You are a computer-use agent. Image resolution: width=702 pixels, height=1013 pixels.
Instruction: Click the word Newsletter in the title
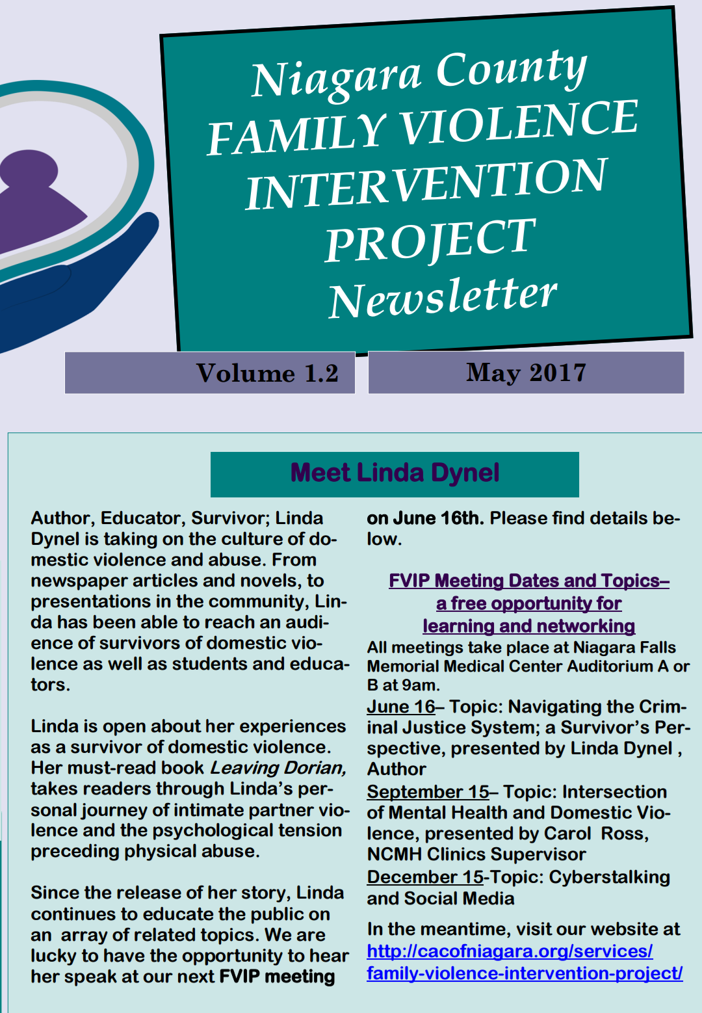tap(443, 297)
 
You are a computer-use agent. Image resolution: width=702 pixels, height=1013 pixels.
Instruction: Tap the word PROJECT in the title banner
tap(430, 240)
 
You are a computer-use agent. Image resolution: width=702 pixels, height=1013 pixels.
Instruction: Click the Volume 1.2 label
tap(267, 373)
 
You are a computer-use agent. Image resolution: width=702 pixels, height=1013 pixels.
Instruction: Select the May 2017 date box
tap(526, 373)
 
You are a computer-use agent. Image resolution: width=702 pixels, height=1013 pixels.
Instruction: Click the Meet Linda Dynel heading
tap(395, 473)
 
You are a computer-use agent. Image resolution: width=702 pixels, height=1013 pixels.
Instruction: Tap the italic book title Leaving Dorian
tap(278, 768)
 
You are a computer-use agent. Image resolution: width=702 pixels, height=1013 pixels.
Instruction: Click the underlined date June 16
tap(400, 707)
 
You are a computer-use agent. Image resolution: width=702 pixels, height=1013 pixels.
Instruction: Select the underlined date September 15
tap(428, 792)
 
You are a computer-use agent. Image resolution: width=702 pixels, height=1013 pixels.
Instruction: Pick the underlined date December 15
tap(425, 877)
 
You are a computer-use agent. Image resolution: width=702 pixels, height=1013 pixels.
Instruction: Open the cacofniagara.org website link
tap(524, 962)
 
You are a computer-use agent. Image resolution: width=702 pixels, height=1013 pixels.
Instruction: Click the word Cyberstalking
tap(609, 877)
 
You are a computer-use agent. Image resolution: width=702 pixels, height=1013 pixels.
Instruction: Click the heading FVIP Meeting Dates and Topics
tap(528, 581)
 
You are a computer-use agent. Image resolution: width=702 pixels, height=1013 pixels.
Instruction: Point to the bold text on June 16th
tap(424, 518)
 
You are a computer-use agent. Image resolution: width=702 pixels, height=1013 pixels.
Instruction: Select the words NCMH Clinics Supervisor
tap(476, 854)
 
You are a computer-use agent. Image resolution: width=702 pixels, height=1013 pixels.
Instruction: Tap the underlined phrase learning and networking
tap(528, 626)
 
